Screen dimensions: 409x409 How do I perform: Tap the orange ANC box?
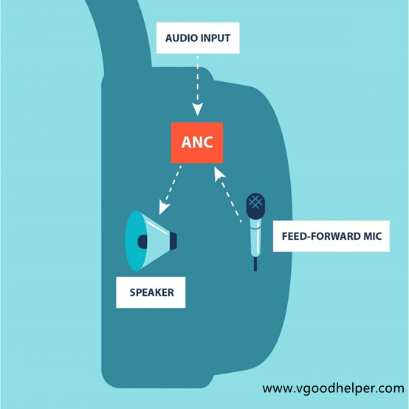[x=197, y=142]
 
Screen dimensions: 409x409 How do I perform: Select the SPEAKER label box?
[x=151, y=292]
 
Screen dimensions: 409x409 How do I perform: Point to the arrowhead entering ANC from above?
[x=197, y=109]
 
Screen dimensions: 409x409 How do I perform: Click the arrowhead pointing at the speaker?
[x=164, y=207]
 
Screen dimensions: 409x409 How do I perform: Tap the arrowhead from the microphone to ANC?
[x=219, y=174]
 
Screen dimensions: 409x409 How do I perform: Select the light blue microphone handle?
[x=255, y=238]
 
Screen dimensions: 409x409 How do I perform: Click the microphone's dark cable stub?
[x=255, y=264]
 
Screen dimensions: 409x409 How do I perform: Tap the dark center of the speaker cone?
[x=142, y=241]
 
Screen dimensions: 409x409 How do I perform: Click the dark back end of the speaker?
[x=173, y=241]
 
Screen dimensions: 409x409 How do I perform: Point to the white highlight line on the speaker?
[x=157, y=227]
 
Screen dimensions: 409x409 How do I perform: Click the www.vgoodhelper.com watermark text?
[x=334, y=388]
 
